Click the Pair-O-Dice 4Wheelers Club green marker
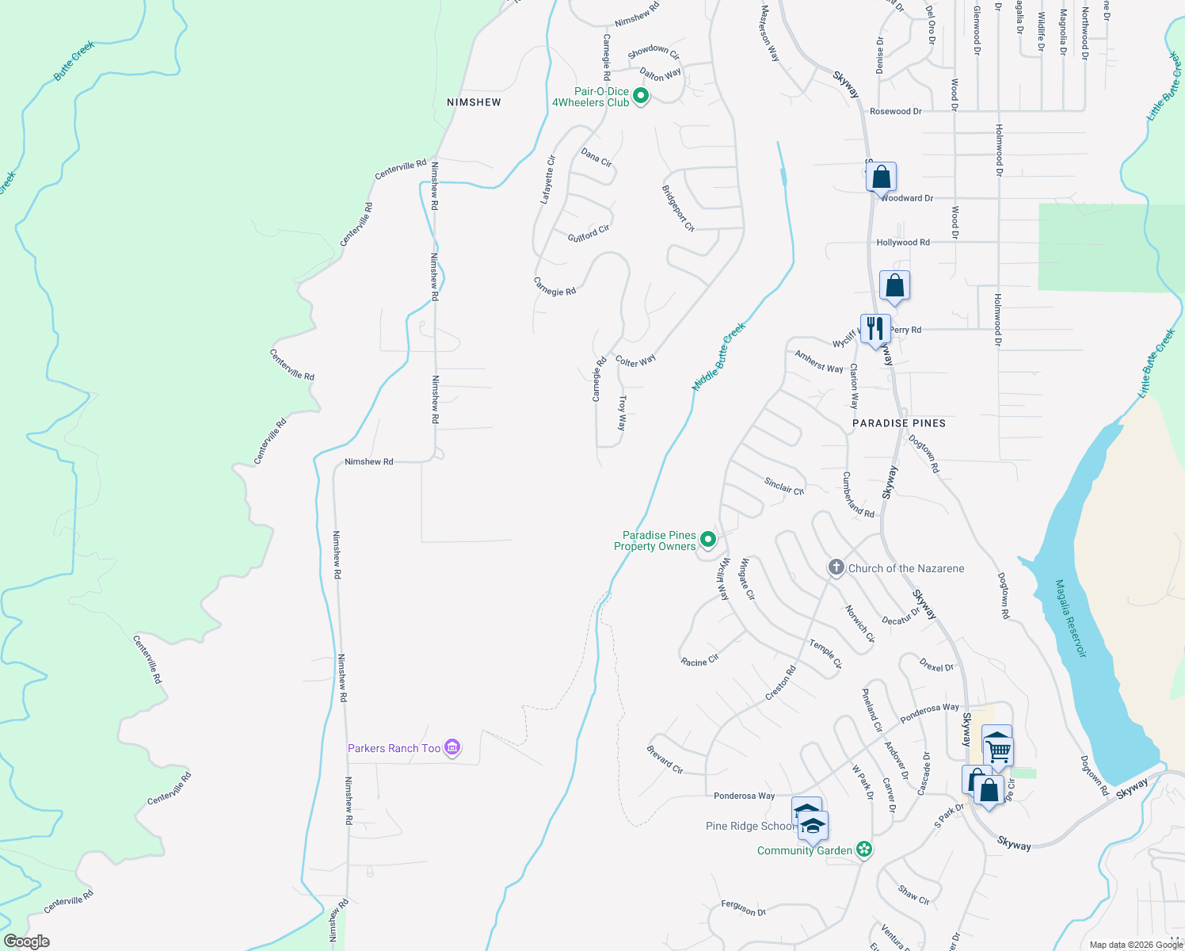642,97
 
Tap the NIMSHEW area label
474,102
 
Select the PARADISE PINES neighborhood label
899,423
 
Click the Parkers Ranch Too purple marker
452,747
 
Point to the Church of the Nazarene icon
836,567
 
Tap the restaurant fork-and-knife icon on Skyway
874,327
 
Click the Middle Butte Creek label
719,357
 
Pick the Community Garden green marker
864,850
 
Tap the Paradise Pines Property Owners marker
709,540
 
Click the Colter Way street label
635,361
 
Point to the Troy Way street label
623,413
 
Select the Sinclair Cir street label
784,486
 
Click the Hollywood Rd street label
903,243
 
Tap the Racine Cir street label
699,661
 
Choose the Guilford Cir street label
589,234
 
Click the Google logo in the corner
27,941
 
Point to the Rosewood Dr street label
895,112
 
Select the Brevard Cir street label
665,759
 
